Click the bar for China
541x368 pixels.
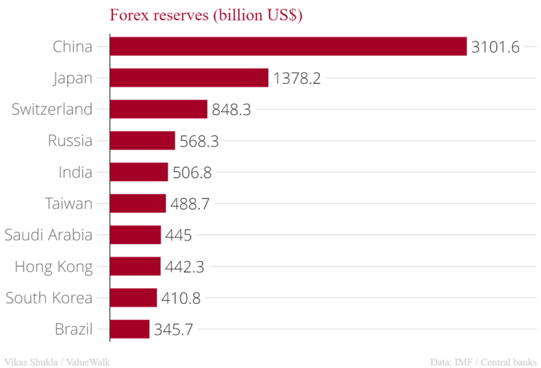coord(288,47)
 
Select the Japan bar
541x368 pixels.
coord(189,78)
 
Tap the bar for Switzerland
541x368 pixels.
coord(158,109)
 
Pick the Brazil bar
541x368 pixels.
coord(130,329)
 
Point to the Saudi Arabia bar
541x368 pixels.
coord(135,235)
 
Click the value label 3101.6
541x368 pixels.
coord(496,47)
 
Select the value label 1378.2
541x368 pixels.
coord(297,78)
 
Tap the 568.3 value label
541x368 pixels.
coord(199,141)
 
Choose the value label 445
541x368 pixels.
coord(179,235)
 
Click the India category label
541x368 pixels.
coord(75,172)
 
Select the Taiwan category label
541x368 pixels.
coord(68,204)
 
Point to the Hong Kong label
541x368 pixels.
coord(54,266)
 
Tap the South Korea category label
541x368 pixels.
coord(49,298)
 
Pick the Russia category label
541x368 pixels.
coord(70,140)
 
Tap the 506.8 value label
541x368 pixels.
coord(192,173)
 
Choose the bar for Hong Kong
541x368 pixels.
coord(135,266)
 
